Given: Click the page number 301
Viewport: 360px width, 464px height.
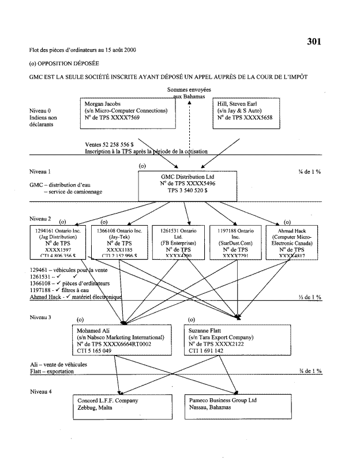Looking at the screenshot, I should coord(313,41).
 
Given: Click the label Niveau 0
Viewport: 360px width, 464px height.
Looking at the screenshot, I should coord(40,110).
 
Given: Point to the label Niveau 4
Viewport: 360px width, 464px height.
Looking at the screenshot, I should coord(40,391).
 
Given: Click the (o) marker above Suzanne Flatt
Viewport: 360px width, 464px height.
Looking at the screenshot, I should coord(192,319).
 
